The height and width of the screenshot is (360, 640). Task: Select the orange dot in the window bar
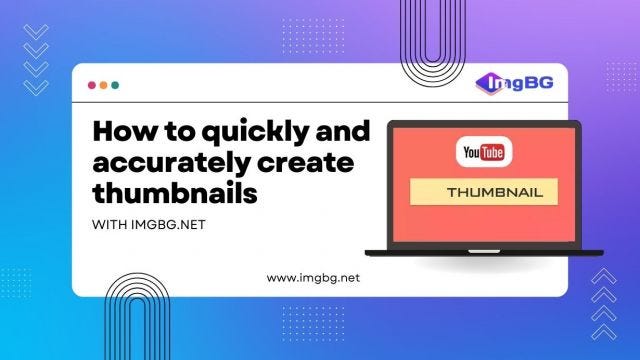[104, 86]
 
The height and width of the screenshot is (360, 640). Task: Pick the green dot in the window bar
[115, 86]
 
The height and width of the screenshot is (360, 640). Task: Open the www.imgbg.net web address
[312, 277]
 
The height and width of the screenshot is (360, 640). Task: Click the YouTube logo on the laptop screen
[483, 153]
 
